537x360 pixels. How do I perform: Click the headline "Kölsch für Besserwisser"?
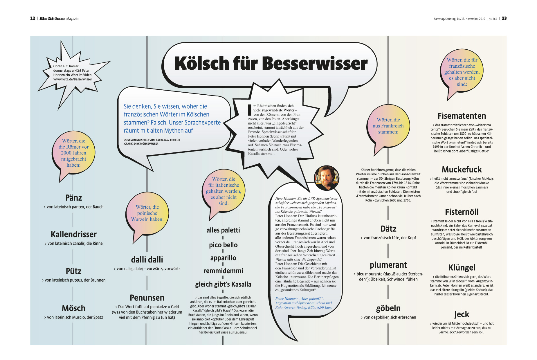(271, 64)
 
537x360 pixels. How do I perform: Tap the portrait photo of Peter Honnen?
(327, 177)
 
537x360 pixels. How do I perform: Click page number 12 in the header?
(33, 18)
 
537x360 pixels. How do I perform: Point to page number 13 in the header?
(504, 18)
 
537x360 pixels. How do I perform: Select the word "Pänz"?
(74, 198)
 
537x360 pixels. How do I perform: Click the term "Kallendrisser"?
(74, 234)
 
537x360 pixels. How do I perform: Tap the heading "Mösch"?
(74, 308)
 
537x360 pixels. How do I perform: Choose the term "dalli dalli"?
(147, 260)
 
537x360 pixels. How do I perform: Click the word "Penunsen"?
(147, 298)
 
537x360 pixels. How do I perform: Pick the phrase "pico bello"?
(223, 245)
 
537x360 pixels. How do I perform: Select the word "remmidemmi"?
(223, 271)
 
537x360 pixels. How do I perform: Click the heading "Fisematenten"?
(462, 116)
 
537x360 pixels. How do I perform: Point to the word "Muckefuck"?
(462, 170)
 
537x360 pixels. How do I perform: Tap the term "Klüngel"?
(462, 267)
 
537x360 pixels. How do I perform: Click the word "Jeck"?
(462, 314)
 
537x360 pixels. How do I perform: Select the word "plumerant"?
(388, 265)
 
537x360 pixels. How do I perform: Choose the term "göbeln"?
(388, 308)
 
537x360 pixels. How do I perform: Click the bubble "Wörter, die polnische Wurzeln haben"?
(147, 213)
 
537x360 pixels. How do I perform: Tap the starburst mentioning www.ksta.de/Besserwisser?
(73, 73)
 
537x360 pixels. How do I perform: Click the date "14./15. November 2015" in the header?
(471, 19)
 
